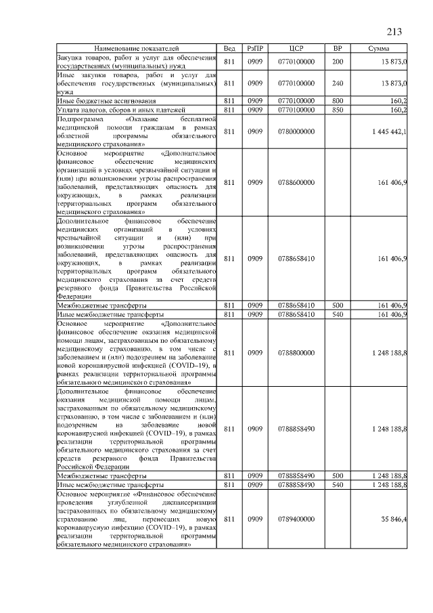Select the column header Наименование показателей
[137, 49]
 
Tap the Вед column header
[229, 49]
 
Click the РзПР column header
[256, 49]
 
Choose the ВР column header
[338, 49]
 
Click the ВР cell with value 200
[338, 62]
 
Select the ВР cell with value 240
[338, 83]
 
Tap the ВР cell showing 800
[338, 100]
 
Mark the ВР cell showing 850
[338, 109]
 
